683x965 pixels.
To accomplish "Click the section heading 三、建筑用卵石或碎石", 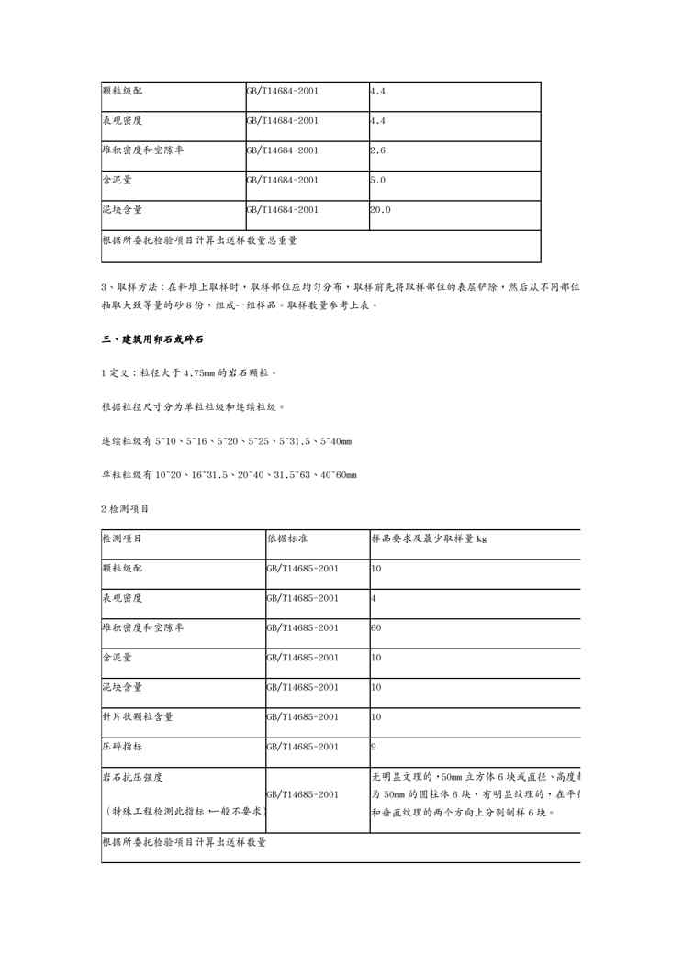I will (152, 339).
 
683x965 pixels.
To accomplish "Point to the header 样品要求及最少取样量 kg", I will (429, 538).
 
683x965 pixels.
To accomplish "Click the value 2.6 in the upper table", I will (377, 150).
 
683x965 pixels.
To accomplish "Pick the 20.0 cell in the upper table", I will (380, 210).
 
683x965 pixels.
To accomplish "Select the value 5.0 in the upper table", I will (377, 181).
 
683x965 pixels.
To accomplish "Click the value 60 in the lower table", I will (375, 628).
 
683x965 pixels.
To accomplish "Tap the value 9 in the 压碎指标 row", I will (373, 748).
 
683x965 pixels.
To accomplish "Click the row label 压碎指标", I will (121, 748).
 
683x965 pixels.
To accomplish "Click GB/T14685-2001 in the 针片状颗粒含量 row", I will (302, 717).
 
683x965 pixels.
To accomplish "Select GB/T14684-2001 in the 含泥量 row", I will (282, 181).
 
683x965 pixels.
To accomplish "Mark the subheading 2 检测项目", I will (125, 507).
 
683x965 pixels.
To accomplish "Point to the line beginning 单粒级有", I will (229, 474).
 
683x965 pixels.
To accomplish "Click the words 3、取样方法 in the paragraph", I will (135, 287).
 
